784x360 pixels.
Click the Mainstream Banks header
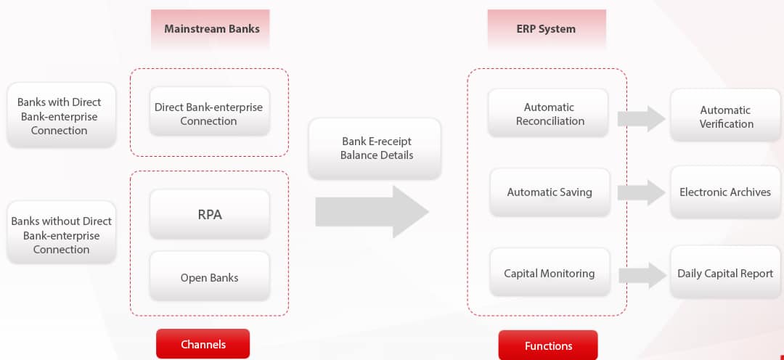211,29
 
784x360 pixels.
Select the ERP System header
546,29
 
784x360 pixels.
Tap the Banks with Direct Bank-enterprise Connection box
60,116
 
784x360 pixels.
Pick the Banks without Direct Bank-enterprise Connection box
61,235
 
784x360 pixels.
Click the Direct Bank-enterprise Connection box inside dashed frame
209,114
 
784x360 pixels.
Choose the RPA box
209,215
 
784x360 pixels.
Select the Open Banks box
209,277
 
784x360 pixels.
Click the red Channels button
203,344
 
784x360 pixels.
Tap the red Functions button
548,345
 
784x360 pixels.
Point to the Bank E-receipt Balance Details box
376,148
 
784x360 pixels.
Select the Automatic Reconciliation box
550,114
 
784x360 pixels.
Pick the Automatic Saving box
550,192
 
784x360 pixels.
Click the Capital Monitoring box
550,274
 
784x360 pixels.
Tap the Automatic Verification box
725,117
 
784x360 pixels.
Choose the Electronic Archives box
725,192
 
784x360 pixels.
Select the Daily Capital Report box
725,274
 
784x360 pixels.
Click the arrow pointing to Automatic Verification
642,118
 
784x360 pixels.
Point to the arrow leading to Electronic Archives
642,192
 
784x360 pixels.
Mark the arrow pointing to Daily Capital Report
642,275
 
